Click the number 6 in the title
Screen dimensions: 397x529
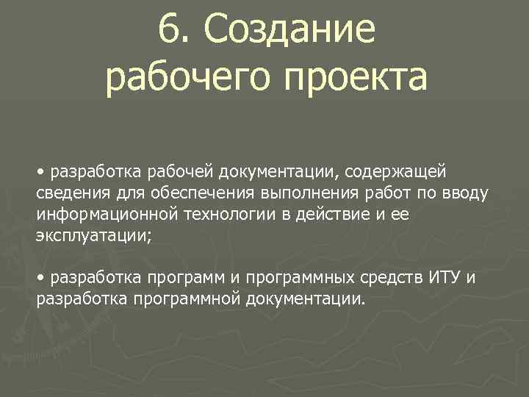168,30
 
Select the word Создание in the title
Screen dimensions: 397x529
289,30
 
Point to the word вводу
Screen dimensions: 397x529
464,193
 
